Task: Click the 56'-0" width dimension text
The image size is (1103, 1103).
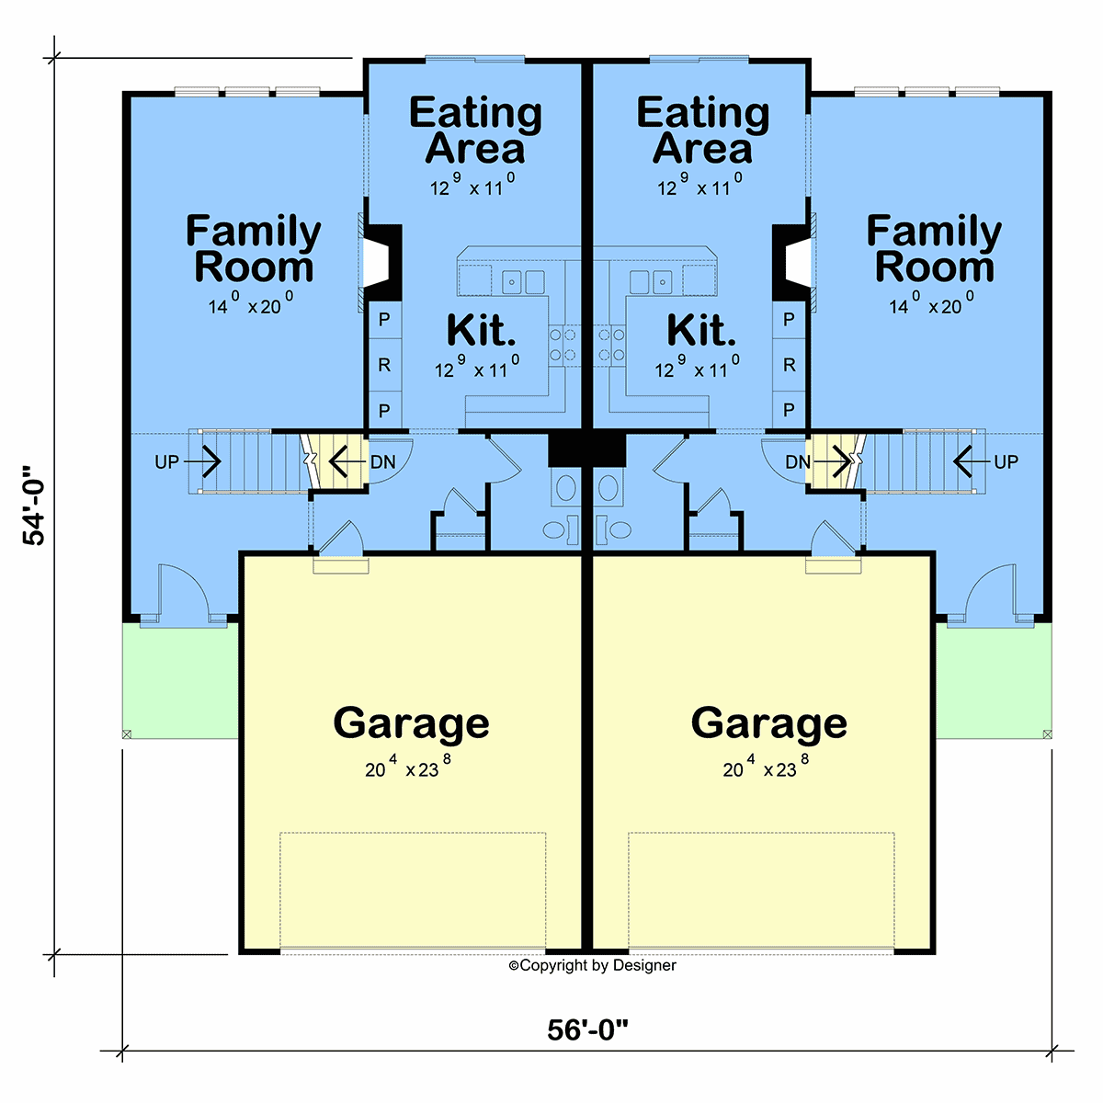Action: tap(587, 1029)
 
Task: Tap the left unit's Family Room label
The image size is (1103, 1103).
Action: tap(253, 248)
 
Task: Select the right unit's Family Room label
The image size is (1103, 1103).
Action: tap(934, 248)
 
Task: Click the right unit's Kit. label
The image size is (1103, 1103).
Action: tap(701, 331)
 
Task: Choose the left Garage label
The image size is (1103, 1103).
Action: tap(411, 724)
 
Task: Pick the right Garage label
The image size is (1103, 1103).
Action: tap(768, 724)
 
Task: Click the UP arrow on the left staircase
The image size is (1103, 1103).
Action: tap(202, 461)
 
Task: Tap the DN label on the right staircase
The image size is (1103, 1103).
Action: tap(797, 462)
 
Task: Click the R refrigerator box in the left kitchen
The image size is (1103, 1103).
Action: tap(384, 365)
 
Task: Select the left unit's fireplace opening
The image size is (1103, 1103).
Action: tap(376, 263)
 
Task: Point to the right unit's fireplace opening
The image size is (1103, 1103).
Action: tap(799, 263)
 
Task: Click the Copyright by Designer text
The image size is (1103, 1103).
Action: tap(593, 965)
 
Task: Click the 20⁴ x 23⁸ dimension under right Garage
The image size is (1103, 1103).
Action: tap(766, 766)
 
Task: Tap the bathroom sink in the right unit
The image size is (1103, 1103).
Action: tap(608, 488)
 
